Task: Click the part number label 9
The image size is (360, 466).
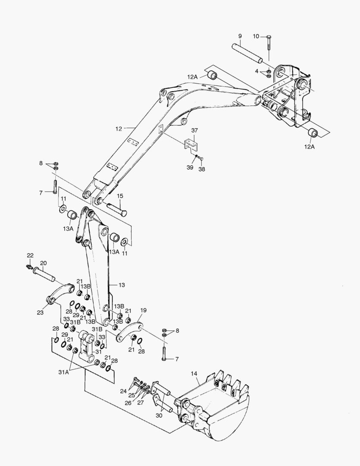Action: (x=240, y=35)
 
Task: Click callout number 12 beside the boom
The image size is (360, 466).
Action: (x=119, y=128)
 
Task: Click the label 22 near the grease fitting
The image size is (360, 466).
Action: (x=30, y=255)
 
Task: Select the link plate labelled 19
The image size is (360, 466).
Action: (x=129, y=331)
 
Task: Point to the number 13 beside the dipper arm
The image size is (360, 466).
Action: (x=122, y=285)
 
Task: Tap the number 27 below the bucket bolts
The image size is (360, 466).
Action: (x=141, y=403)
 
